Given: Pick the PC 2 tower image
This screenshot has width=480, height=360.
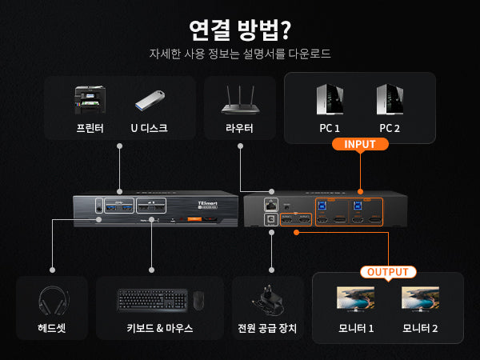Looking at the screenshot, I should (x=389, y=100).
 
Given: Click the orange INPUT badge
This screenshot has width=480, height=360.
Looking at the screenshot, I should (x=360, y=144).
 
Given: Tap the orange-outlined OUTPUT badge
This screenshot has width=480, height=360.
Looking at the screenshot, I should (x=388, y=272).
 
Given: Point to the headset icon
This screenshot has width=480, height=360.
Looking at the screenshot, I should (x=52, y=301).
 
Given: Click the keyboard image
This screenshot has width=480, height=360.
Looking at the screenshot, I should (x=153, y=300).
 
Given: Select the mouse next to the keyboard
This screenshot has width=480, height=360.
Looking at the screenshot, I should (x=198, y=301).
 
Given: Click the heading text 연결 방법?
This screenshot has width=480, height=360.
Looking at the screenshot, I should (x=239, y=29).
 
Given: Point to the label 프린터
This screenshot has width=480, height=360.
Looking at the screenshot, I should (x=90, y=128).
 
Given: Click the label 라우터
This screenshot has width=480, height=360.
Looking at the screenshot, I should (x=239, y=128).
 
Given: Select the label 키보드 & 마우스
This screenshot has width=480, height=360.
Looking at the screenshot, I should (x=159, y=328).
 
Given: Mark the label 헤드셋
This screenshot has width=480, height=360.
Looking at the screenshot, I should (x=52, y=328).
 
